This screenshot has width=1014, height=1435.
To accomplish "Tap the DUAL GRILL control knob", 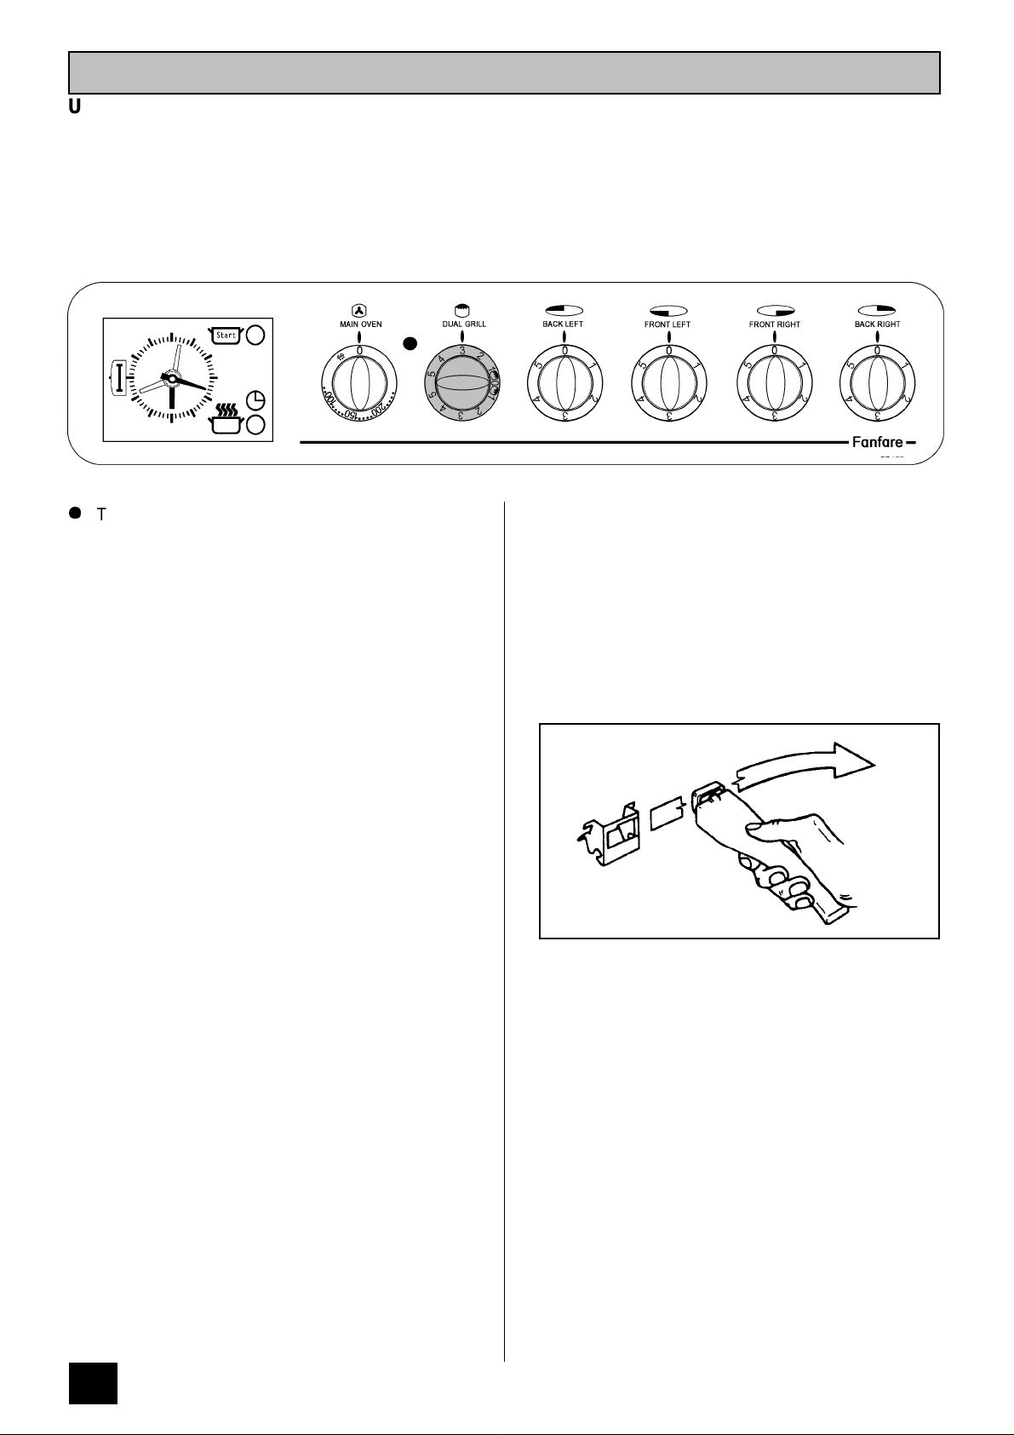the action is (x=461, y=386).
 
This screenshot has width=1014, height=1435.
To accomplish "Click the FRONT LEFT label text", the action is (x=667, y=324).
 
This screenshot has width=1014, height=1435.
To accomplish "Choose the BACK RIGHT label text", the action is (x=877, y=324).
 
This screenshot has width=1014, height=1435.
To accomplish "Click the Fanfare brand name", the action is (x=878, y=443).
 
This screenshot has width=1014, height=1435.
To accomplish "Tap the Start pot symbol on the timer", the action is (x=226, y=336).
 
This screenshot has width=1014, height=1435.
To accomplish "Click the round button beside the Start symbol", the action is (x=255, y=336).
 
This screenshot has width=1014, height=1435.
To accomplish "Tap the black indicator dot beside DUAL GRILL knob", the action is (x=410, y=344).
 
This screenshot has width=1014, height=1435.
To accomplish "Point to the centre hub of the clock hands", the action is (x=171, y=378).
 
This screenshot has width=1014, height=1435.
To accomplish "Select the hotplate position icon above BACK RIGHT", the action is (x=877, y=310).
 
